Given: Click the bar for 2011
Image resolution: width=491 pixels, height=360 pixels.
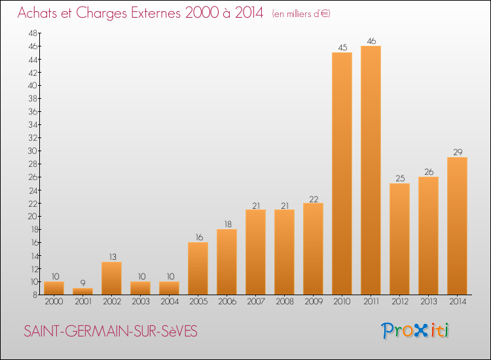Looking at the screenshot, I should pos(371,170).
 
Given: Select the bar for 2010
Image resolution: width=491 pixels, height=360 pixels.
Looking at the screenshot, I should pos(342,173).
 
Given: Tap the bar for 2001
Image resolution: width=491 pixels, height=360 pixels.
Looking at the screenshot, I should pos(82,291).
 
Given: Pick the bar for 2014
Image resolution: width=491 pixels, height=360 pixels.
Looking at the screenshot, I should pos(457,226).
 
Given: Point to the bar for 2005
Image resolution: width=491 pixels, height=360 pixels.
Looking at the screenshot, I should pos(198,268).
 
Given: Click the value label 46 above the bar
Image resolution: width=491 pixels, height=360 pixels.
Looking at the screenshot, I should pos(371,41).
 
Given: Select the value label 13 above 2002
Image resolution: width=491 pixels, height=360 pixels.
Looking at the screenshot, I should pos(111,257).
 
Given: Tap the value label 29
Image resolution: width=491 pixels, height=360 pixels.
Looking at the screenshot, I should pos(457,152).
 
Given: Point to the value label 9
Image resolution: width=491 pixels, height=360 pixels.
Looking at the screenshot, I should pos(82,283).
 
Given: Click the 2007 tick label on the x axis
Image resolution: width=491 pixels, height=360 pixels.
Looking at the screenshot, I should pos(255,302).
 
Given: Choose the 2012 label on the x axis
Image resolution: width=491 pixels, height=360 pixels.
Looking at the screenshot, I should pos(399,302).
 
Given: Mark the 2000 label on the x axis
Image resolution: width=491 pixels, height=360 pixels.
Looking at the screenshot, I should pos(54,302).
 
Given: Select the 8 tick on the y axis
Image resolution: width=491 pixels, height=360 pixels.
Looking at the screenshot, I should pos(34,295).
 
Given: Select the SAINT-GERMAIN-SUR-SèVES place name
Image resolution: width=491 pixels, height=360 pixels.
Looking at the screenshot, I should pos(110,332).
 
